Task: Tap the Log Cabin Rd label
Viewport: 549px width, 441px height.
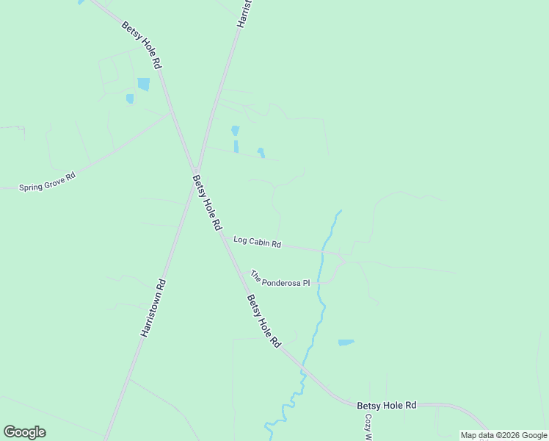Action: coord(257,241)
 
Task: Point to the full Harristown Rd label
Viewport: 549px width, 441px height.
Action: coord(153,308)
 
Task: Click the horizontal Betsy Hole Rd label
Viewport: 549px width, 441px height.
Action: coord(386,405)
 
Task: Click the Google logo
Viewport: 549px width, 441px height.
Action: coord(24,431)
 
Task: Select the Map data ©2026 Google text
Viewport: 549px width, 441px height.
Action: coord(503,435)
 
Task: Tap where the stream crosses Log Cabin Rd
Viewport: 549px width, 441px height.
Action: coord(324,251)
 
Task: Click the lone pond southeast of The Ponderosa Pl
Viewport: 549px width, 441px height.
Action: coord(346,342)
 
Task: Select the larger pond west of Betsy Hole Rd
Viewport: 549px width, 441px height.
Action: coord(143,84)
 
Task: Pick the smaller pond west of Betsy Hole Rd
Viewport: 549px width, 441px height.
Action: coord(130,98)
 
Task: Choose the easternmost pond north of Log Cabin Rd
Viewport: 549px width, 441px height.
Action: coord(261,153)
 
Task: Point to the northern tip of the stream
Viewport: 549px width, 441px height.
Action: coord(339,211)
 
